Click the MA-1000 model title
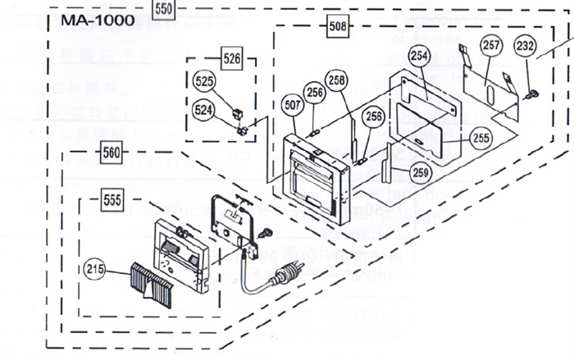[92, 20]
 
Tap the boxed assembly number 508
[337, 25]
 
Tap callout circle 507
[293, 104]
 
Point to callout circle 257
[490, 45]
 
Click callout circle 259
[421, 173]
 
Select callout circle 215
[94, 267]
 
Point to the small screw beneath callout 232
[530, 93]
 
